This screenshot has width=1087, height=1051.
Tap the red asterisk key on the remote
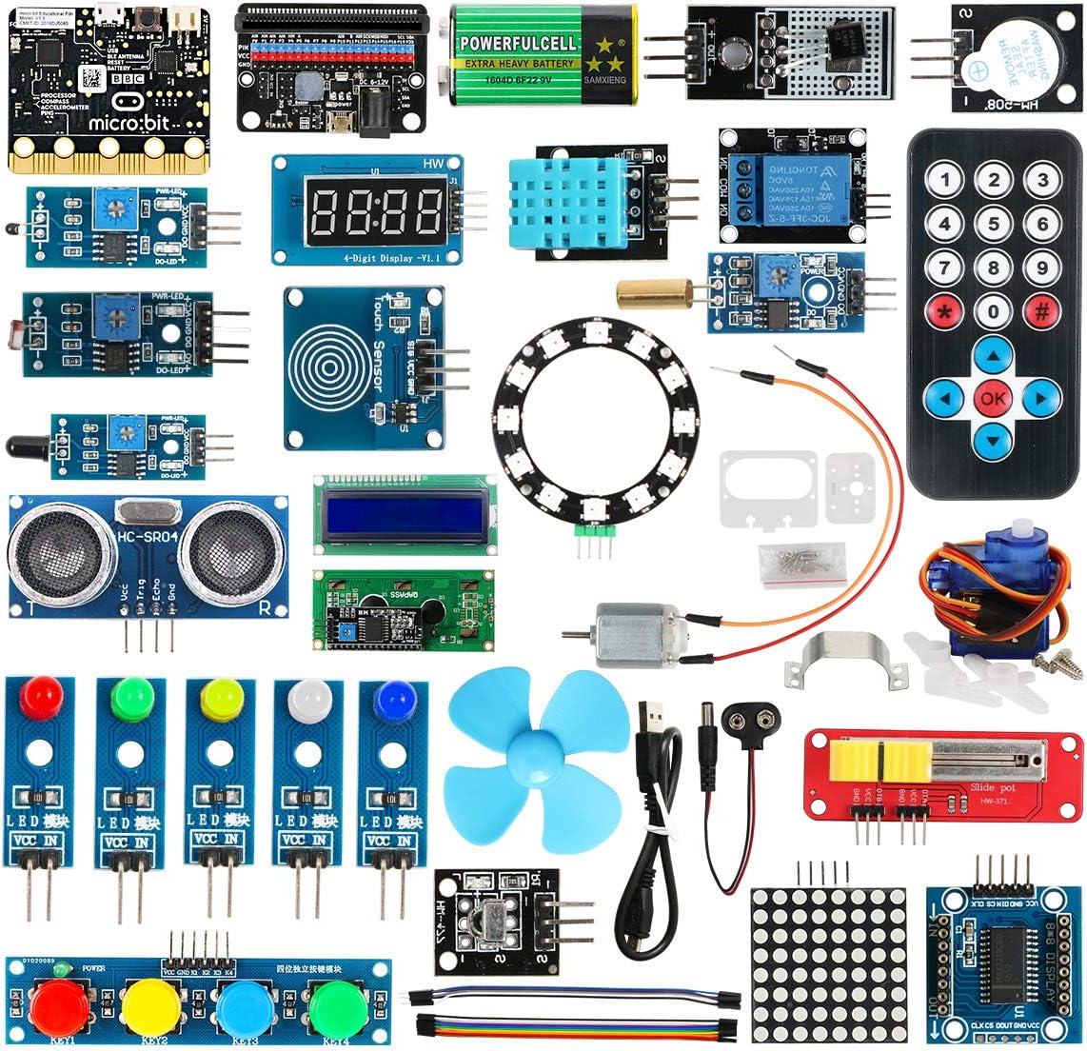coord(944,310)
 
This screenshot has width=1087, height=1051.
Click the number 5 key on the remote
coord(994,224)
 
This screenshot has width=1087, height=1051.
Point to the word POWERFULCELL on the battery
coord(518,43)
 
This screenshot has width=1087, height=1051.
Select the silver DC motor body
coord(634,633)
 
